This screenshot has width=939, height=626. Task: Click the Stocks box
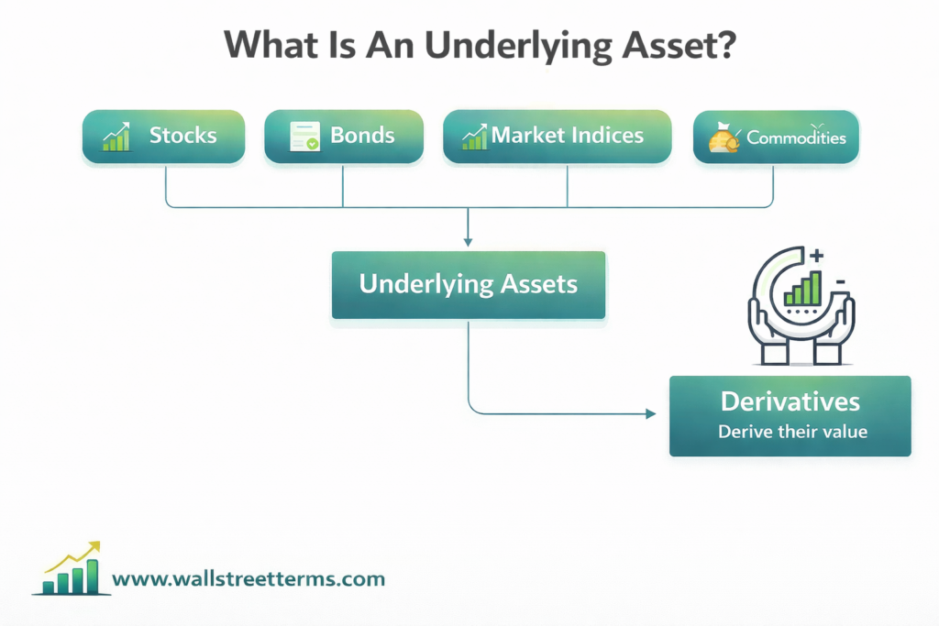click(x=164, y=137)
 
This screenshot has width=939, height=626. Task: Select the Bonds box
click(x=344, y=137)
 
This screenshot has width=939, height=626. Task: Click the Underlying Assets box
click(x=468, y=284)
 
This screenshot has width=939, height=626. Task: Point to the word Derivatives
click(x=790, y=401)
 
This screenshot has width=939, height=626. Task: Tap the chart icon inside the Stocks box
click(x=116, y=137)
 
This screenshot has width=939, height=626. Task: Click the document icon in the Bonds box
click(x=304, y=137)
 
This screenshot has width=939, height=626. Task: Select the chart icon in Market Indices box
click(x=474, y=137)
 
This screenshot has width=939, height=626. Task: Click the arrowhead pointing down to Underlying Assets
click(x=468, y=242)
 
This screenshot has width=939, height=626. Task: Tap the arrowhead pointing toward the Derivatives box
click(x=651, y=414)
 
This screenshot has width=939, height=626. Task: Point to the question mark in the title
click(x=724, y=46)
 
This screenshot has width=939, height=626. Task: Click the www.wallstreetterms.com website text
click(x=249, y=579)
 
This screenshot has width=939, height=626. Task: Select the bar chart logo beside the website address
click(x=70, y=570)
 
